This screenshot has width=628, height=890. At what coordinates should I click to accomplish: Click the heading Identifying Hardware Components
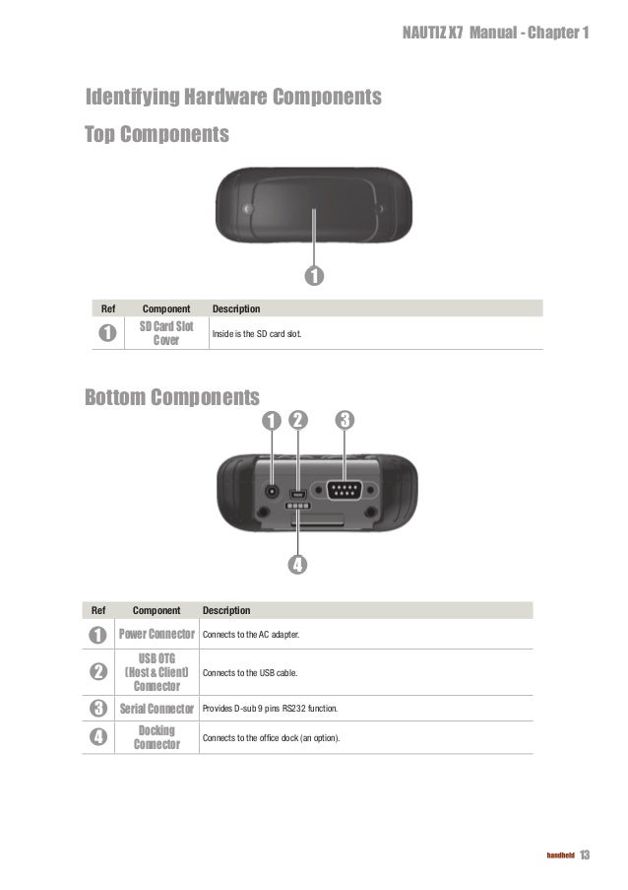pos(233,98)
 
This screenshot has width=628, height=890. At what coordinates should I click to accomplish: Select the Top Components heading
pos(157,133)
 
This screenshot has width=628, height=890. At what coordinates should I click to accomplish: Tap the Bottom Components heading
pos(172,398)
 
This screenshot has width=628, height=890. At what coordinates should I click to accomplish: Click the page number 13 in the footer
pos(586,854)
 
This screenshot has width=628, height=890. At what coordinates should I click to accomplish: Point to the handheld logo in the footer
pos(560,855)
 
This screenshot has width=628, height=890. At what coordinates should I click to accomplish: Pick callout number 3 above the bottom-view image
pos(345,420)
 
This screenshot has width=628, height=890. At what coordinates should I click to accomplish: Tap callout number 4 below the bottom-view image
pos(297,565)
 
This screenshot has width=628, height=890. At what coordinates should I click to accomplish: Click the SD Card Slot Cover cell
pos(166,333)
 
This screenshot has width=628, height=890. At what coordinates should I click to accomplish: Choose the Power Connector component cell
pos(157,634)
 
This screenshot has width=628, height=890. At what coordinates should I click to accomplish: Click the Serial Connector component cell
pos(157,709)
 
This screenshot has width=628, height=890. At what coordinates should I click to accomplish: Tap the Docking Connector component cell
pos(157,737)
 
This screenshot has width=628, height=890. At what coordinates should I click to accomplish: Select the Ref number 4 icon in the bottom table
pos(98,737)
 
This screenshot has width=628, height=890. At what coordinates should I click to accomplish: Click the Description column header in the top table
pos(236,308)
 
